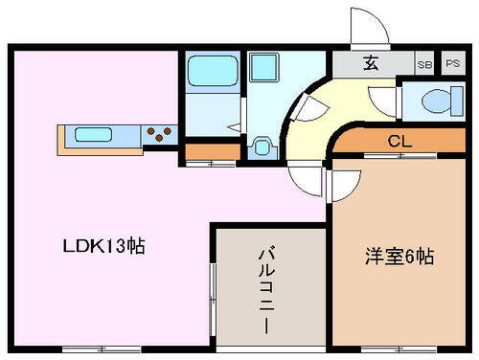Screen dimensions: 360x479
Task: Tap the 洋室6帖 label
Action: pos(400,257)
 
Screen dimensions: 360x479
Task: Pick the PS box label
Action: pos(451,65)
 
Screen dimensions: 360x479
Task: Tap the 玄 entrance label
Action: pos(370,65)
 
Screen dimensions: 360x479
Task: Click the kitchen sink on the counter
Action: pos(91,134)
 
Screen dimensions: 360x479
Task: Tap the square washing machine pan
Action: pos(262,70)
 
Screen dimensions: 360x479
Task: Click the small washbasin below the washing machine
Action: pos(261,148)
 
